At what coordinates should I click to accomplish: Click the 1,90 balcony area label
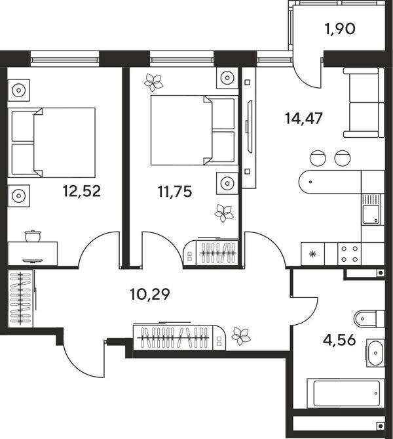click(340, 29)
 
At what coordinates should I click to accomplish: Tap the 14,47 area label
click(304, 118)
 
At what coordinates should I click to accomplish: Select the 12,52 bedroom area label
click(82, 191)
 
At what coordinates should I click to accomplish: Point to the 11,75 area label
click(175, 192)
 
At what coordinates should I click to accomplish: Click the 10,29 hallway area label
click(150, 294)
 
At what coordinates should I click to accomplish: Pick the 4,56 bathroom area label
click(339, 340)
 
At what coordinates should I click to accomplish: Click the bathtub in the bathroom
click(346, 393)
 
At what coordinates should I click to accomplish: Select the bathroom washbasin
click(375, 353)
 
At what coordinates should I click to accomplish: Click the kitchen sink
click(371, 210)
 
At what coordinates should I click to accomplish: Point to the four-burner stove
click(349, 254)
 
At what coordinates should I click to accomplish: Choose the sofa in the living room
click(364, 103)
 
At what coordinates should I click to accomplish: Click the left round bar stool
click(318, 158)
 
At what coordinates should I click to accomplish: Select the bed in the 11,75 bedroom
click(194, 130)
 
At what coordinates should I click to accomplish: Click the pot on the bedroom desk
click(33, 236)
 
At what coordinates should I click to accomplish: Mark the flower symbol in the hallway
click(241, 336)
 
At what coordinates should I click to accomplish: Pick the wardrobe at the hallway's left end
click(21, 299)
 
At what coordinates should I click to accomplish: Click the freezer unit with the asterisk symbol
click(313, 254)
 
